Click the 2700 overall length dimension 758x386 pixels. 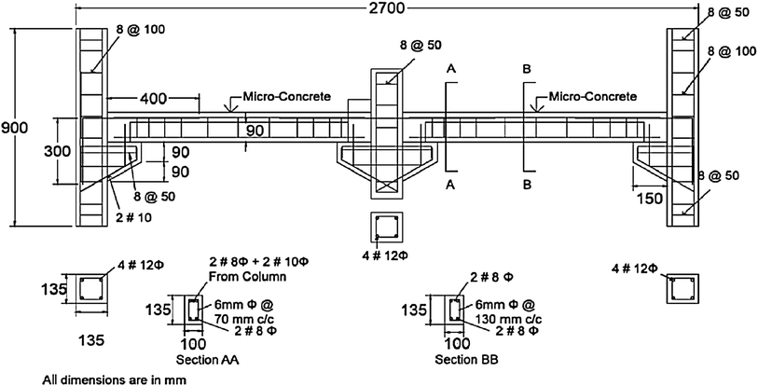386,10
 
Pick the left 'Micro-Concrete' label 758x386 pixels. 286,96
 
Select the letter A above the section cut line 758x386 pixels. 451,69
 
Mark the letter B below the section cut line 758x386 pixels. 528,185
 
